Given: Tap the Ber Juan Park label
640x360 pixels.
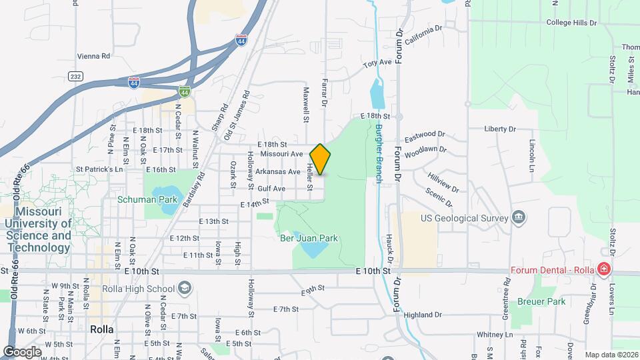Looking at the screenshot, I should [x=309, y=238].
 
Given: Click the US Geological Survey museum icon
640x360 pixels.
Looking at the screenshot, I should [x=518, y=217].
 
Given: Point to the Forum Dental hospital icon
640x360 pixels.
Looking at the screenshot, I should [x=603, y=270].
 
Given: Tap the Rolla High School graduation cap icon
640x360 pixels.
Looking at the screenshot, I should [x=184, y=289].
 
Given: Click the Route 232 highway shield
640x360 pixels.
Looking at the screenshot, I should [x=75, y=77].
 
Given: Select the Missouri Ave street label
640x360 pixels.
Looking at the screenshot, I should [x=281, y=154].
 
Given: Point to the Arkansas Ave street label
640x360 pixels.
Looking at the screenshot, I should [x=277, y=171].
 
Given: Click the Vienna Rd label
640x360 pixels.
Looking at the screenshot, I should [x=93, y=57].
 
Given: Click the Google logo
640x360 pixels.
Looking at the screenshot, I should [x=22, y=351].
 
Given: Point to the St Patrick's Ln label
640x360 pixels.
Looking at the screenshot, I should [x=100, y=169].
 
